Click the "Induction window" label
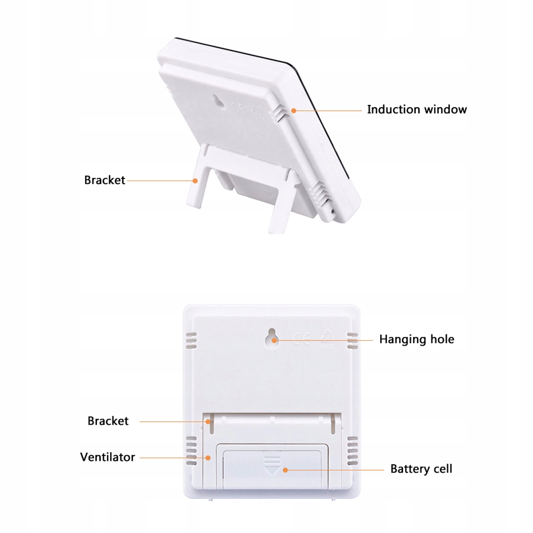point(416,110)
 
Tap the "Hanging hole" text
point(416,339)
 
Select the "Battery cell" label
point(421,469)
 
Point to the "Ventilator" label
point(108,457)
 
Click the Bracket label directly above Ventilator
point(108,421)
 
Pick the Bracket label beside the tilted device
point(104,180)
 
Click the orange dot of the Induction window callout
point(293,110)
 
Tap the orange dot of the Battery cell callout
point(285,470)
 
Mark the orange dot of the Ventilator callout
point(208,457)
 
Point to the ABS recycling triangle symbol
point(328,337)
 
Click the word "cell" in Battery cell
point(442,469)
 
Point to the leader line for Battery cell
point(335,470)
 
